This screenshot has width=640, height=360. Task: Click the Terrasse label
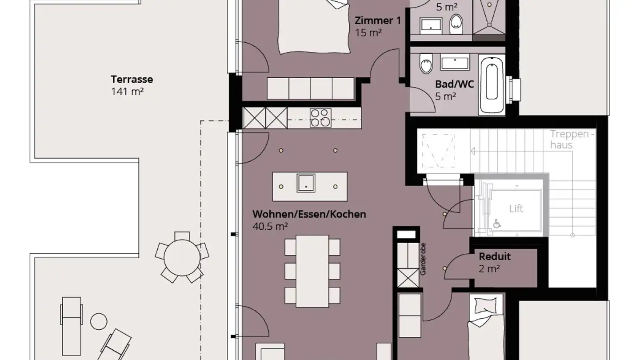coord(132,80)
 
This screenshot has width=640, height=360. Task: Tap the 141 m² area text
coord(127,92)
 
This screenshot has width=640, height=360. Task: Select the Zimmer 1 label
coord(374,20)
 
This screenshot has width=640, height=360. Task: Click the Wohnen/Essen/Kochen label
coord(309,214)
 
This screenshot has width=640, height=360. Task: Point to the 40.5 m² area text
coord(270,226)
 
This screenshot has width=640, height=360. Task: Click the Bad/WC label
coord(455,84)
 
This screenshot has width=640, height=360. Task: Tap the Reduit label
coord(495,256)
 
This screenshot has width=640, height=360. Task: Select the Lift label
coord(516,208)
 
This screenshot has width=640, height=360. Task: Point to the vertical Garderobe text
coord(423,259)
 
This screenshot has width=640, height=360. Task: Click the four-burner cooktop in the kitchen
coord(320,118)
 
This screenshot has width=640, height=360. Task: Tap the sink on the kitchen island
coord(306,183)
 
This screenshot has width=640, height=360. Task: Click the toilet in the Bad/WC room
coord(426,64)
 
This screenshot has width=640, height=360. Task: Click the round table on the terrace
coord(182,257)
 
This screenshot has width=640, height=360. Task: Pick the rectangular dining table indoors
coord(312,271)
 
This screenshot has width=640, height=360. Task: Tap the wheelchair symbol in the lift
coord(497,224)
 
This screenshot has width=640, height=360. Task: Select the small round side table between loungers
coord(99,321)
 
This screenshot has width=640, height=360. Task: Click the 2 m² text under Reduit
coord(489,268)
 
